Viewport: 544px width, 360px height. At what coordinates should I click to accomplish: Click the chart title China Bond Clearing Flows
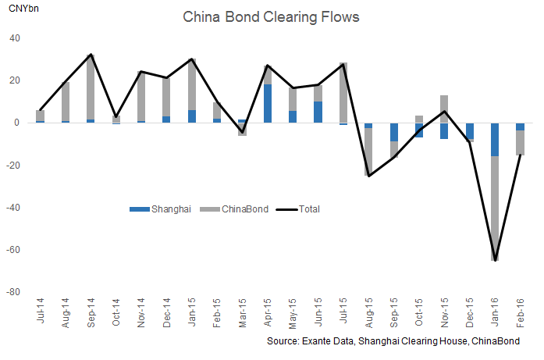[x=272, y=16]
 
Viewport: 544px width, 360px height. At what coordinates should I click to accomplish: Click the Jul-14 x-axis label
[x=41, y=311]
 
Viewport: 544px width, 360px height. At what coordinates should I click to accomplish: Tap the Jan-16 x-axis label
[x=495, y=311]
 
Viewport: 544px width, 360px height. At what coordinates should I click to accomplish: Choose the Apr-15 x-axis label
[x=268, y=311]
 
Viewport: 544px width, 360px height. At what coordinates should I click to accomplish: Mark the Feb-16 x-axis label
[x=520, y=311]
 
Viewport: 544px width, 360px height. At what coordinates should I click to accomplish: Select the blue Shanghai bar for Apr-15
[x=268, y=103]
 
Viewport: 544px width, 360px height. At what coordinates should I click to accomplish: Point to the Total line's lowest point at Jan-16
[x=495, y=260]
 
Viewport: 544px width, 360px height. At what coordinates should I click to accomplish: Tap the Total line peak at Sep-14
[x=91, y=55]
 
